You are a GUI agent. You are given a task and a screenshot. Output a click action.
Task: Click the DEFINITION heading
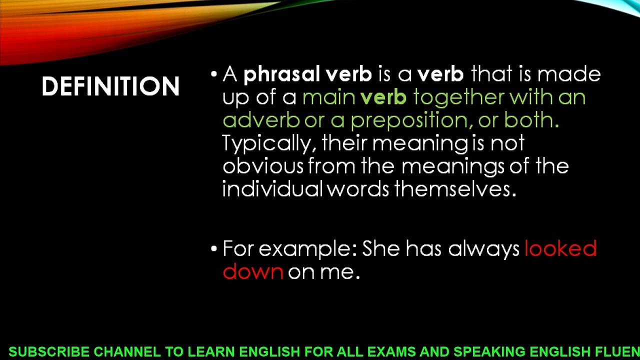[x=110, y=86]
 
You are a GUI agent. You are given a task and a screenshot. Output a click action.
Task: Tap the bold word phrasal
[x=281, y=74]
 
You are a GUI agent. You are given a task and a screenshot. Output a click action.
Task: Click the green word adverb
[x=260, y=120]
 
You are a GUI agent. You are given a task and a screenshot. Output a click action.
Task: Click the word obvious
[x=262, y=166]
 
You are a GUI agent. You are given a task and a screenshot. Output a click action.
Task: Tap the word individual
[x=272, y=189]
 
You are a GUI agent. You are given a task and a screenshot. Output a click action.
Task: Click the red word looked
[x=560, y=248]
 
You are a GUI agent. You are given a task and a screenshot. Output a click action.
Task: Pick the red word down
[x=252, y=271]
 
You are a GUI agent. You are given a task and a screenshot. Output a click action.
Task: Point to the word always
[x=483, y=249]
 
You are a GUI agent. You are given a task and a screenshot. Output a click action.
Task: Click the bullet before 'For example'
[x=214, y=248]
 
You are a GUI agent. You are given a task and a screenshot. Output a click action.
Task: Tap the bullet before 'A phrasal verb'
[x=214, y=74]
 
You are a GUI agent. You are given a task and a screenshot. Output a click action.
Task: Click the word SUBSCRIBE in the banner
[x=48, y=352]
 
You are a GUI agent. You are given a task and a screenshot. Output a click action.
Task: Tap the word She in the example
[x=381, y=248]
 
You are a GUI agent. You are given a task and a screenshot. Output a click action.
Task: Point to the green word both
[x=531, y=120]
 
